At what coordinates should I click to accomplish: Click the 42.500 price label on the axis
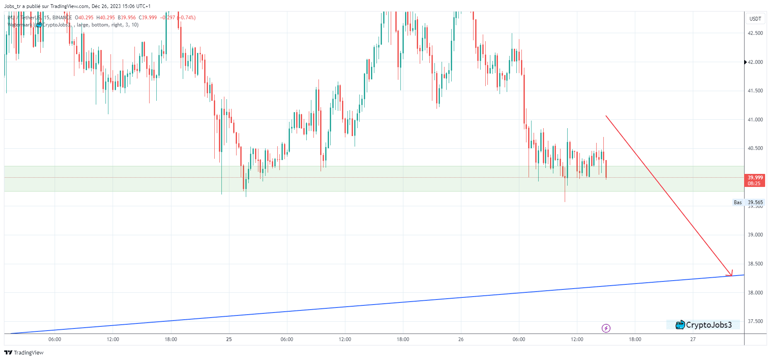click(755, 33)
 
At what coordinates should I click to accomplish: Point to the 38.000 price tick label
click(755, 293)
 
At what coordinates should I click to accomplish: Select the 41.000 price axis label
click(755, 120)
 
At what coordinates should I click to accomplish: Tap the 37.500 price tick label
click(755, 321)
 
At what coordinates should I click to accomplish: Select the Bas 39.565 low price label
click(748, 202)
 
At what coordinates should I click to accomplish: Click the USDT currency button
click(755, 18)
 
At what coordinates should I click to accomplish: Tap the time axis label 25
click(229, 339)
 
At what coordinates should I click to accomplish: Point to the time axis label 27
click(693, 339)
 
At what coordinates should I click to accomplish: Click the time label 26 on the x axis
click(461, 339)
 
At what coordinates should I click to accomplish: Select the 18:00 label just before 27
click(635, 339)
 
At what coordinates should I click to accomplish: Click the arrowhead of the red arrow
click(731, 274)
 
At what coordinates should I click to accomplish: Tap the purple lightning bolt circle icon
click(606, 328)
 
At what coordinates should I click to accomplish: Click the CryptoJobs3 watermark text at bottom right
click(709, 325)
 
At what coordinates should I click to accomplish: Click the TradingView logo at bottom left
click(24, 352)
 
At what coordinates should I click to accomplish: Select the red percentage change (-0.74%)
click(187, 18)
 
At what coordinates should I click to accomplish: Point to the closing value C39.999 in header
click(148, 18)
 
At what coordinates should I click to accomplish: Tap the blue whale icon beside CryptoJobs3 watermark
click(680, 325)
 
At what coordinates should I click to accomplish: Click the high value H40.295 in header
click(105, 18)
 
